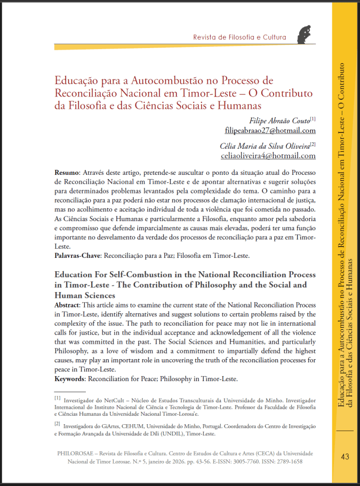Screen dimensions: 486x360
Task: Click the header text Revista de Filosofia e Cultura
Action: click(x=239, y=37)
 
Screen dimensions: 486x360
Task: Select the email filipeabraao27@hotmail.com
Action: click(x=270, y=130)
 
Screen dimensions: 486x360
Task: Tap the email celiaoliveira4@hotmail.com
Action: click(x=268, y=156)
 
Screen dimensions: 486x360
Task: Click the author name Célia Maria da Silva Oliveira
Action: click(x=265, y=145)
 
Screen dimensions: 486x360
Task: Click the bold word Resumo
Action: click(x=67, y=174)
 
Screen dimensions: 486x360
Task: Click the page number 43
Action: click(x=344, y=457)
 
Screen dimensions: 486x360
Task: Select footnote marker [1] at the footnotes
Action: click(x=58, y=398)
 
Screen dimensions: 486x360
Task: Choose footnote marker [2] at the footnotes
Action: click(x=58, y=424)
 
